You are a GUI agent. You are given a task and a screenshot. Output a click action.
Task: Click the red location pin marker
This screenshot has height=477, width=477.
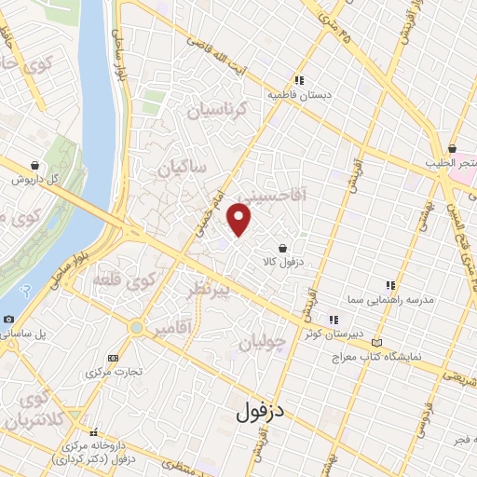click(240, 220)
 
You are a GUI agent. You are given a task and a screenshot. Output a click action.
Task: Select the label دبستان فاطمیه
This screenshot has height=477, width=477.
click(300, 95)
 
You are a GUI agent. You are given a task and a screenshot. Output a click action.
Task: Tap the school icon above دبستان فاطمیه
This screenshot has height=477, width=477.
click(299, 80)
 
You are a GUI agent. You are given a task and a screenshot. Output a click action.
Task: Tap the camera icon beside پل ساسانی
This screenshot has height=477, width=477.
click(8, 320)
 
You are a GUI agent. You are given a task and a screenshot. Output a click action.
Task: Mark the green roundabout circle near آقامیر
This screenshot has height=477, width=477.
click(138, 328)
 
